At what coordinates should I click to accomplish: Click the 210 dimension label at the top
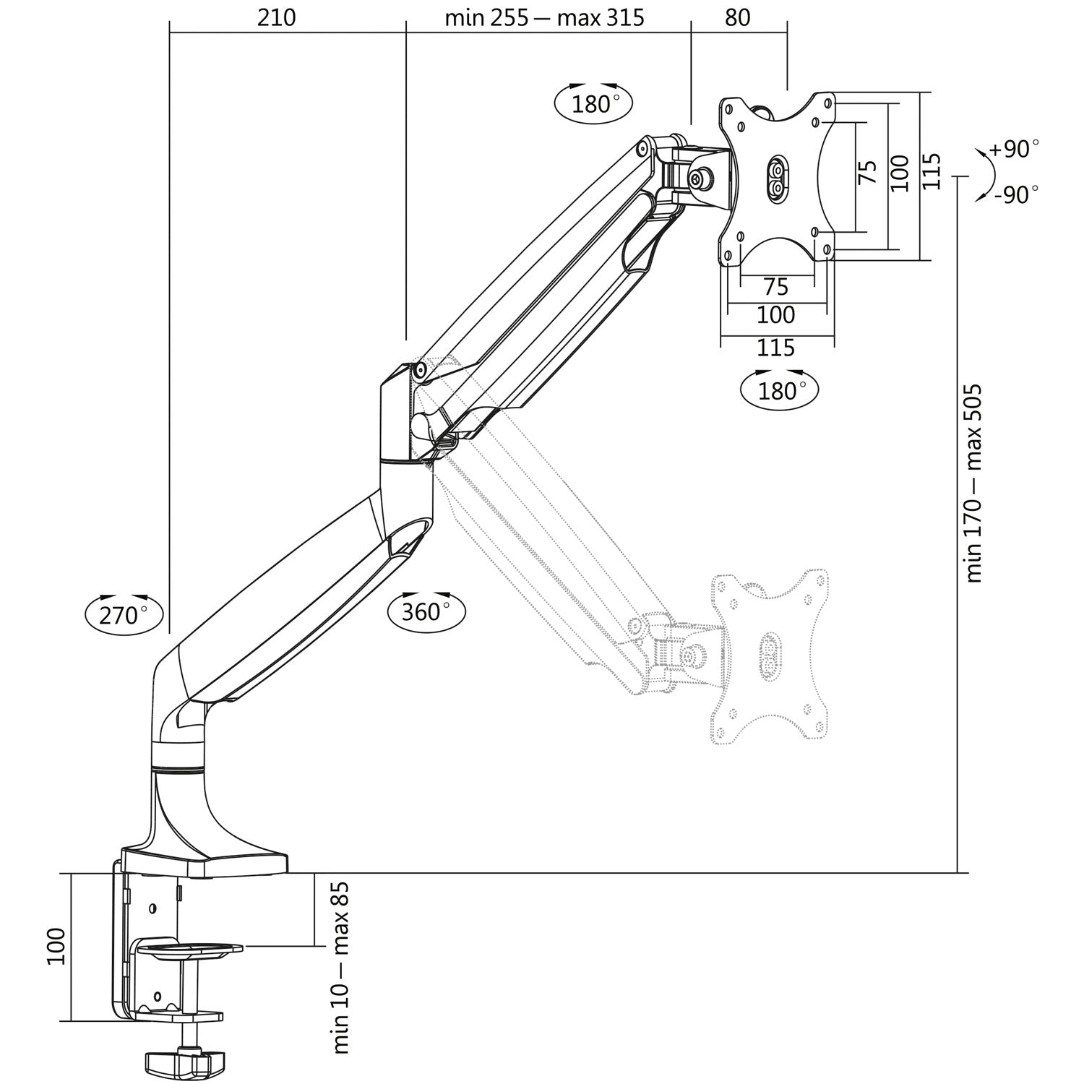(x=277, y=17)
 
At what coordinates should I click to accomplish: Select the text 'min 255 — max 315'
(x=544, y=17)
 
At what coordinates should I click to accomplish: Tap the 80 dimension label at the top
(x=737, y=17)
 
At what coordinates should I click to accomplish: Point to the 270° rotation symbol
(x=124, y=615)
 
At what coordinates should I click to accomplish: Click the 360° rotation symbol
(x=426, y=611)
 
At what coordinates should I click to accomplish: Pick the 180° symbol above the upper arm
(x=593, y=103)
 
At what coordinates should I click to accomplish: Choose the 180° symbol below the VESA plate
(x=780, y=390)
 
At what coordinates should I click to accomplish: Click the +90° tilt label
(x=1014, y=149)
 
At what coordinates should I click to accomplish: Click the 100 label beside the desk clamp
(x=57, y=947)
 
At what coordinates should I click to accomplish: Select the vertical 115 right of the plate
(x=932, y=172)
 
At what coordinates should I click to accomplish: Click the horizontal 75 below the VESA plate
(x=775, y=287)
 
